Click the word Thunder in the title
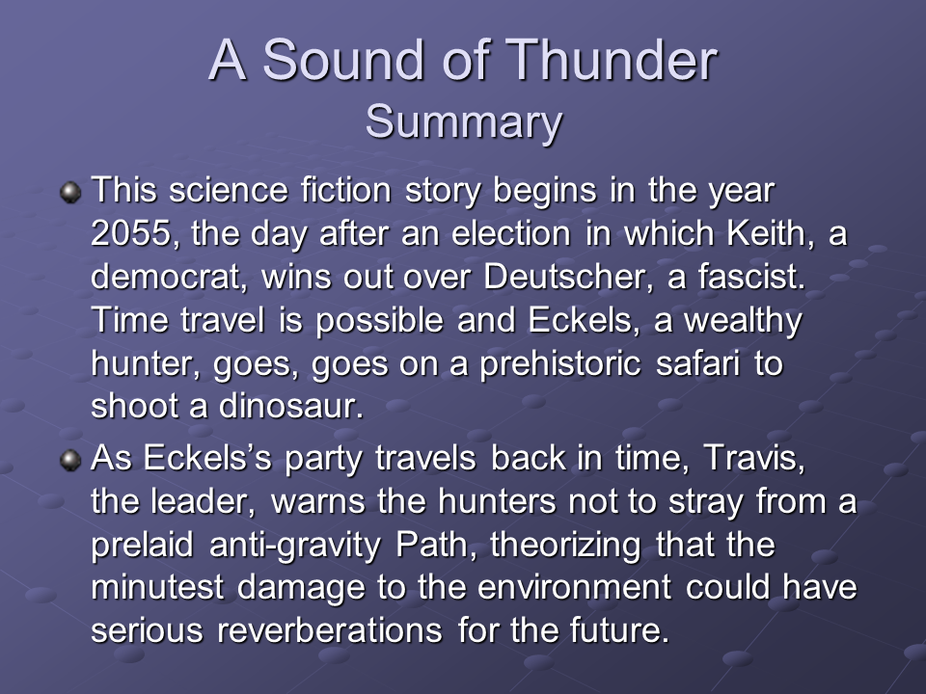click(x=612, y=60)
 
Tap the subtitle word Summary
click(x=464, y=122)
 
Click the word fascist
click(x=751, y=277)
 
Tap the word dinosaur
click(x=290, y=406)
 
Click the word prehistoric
click(x=559, y=363)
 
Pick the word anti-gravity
click(x=295, y=545)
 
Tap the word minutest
click(x=157, y=587)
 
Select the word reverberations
click(x=330, y=630)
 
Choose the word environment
click(x=574, y=587)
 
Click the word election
click(x=511, y=233)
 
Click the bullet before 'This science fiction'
click(x=70, y=193)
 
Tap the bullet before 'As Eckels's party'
click(x=70, y=461)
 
